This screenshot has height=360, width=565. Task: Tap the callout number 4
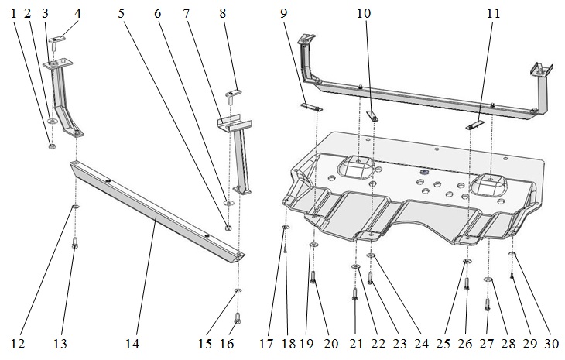[77, 14]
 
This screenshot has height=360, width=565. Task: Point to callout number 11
[493, 14]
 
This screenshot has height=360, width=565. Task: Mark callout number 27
[487, 341]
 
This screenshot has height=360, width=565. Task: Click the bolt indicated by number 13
[75, 244]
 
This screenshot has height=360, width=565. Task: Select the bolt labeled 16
[238, 317]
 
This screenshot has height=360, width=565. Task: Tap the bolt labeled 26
[467, 283]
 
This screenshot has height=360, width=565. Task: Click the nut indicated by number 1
[51, 145]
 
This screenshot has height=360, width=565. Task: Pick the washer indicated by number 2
[51, 121]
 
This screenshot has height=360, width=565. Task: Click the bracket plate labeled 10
[370, 115]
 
